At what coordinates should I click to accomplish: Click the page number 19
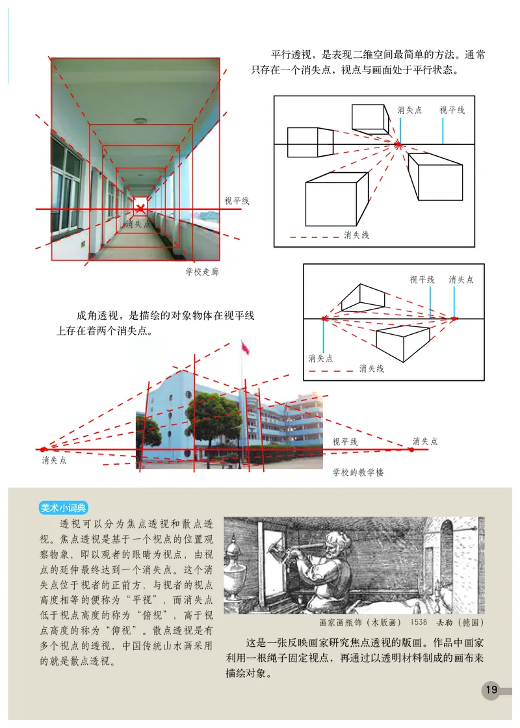[x=491, y=690]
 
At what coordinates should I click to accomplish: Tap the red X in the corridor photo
[x=140, y=208]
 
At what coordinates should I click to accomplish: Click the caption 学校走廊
[x=202, y=272]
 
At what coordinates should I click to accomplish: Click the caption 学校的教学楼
[x=358, y=472]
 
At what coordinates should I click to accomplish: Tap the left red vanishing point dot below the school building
[x=44, y=449]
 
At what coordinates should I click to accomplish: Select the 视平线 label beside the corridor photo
[x=237, y=201]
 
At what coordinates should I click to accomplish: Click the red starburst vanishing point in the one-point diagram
[x=400, y=144]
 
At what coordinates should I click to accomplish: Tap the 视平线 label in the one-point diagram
[x=452, y=110]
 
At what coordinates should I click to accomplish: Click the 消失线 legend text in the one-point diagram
[x=357, y=235]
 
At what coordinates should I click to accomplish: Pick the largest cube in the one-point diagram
[x=331, y=203]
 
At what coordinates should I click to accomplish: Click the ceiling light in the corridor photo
[x=140, y=120]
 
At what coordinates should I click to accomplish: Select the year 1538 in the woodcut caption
[x=417, y=622]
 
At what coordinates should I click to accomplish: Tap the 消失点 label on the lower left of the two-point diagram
[x=321, y=358]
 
